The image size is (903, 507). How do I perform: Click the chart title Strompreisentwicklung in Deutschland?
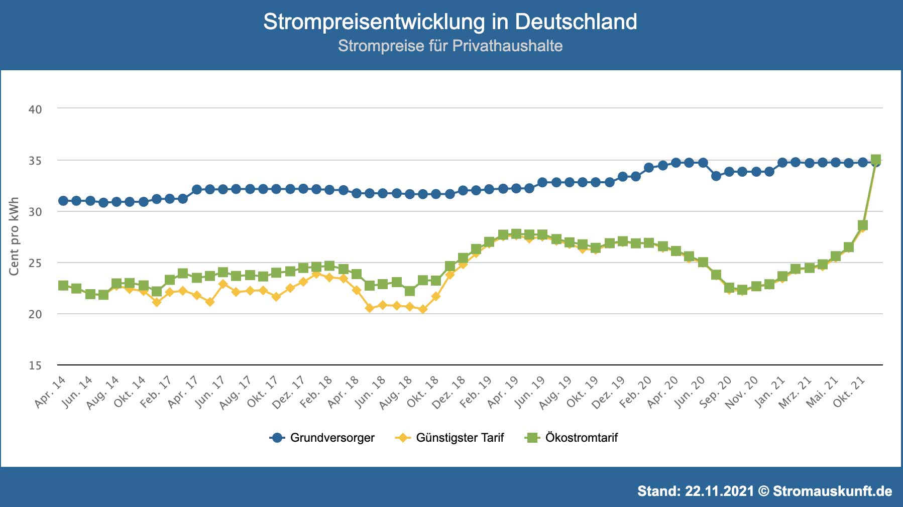point(450,22)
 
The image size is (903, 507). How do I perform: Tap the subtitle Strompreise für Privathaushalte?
point(450,46)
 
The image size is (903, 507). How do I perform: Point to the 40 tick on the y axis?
point(35,109)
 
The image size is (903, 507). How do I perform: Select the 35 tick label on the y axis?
point(35,161)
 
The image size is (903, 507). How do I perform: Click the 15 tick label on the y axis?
point(35,365)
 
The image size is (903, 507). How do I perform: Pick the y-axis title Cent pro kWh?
point(14,236)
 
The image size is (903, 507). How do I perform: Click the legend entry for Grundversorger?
point(332,438)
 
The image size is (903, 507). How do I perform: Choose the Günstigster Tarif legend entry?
point(460,438)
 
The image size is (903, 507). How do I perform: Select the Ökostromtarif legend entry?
point(581,438)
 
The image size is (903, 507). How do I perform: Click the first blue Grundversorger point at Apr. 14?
point(63,201)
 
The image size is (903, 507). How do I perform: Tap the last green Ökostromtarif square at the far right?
point(876,160)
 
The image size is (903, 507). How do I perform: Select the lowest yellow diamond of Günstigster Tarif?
point(423,309)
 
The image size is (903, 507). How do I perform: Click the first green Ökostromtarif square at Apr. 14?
point(63,286)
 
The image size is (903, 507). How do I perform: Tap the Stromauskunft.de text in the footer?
point(832,491)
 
